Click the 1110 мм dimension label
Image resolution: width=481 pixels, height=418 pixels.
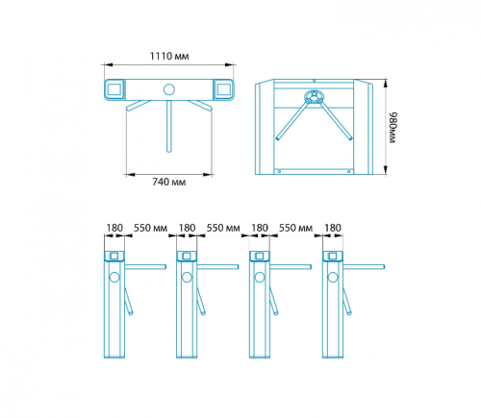click(169, 57)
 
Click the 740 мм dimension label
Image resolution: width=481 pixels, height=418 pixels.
click(169, 182)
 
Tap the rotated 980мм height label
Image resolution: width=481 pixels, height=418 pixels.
click(393, 128)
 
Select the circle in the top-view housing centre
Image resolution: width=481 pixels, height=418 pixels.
click(169, 89)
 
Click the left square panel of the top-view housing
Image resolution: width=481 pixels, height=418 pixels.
click(114, 89)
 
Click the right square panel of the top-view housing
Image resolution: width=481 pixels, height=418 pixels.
click(224, 89)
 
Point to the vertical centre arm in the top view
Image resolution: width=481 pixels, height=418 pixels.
click(169, 126)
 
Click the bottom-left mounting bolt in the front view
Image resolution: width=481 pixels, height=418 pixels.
click(279, 172)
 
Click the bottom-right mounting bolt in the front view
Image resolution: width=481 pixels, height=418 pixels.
click(349, 172)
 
